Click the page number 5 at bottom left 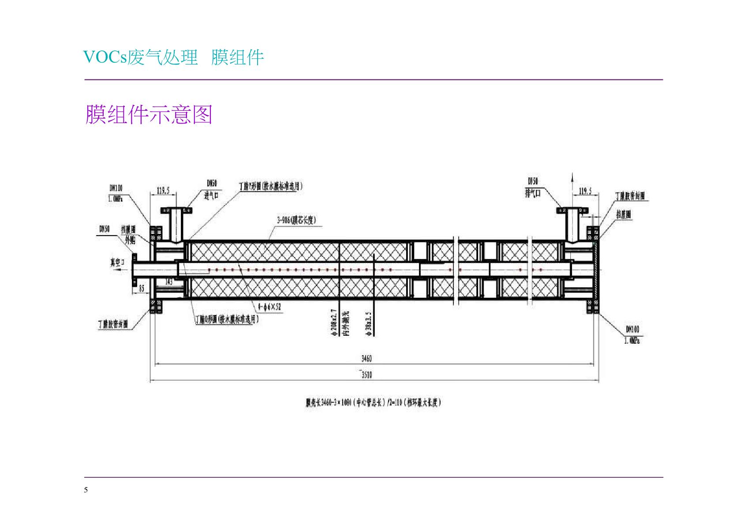(86, 490)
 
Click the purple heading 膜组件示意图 (149, 115)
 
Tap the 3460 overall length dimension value (367, 359)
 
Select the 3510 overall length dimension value (367, 375)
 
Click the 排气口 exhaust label (533, 193)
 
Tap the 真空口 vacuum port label (118, 263)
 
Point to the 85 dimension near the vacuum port (142, 289)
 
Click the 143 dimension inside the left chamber (169, 281)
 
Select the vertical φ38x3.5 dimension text (369, 324)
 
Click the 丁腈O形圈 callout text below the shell (227, 319)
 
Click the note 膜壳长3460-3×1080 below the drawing (373, 402)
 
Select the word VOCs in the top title (105, 57)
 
